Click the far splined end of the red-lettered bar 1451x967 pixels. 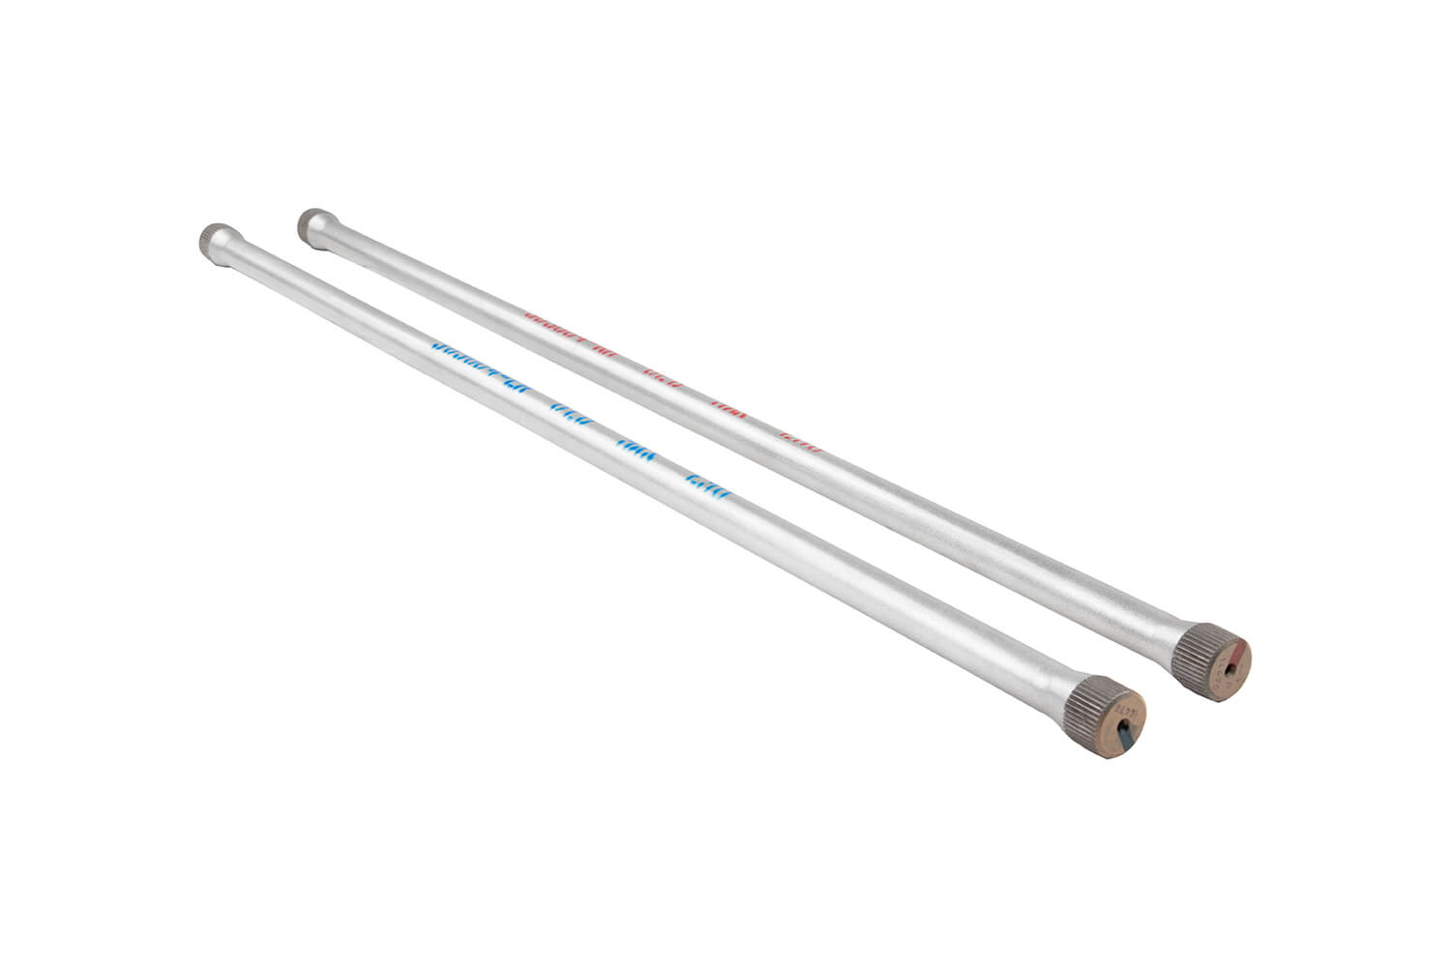point(312,222)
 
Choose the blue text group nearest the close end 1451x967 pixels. point(708,485)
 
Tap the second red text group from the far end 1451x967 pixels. point(664,378)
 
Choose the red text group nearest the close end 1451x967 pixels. point(802,444)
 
